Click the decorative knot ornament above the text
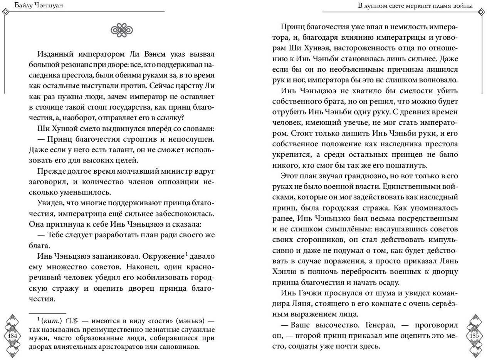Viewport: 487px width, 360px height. tap(121, 30)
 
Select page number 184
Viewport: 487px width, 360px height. tap(13, 336)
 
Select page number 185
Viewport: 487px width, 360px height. tap(474, 336)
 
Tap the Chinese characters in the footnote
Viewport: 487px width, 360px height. tap(72, 321)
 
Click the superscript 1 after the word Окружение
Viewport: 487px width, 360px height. tap(186, 254)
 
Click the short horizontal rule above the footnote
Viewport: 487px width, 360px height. tap(47, 313)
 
